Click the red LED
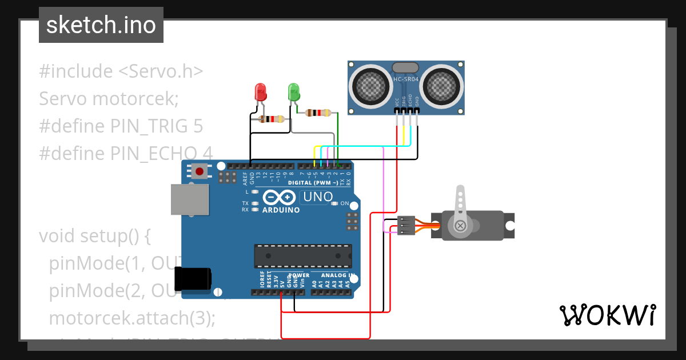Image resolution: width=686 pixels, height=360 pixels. [260, 92]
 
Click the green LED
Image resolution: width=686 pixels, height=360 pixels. [294, 91]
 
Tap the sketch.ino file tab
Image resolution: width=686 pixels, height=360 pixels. [101, 25]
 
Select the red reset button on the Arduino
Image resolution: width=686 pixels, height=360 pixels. [200, 171]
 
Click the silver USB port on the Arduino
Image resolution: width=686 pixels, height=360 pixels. [190, 200]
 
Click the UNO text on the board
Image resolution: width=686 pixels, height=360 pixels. [317, 197]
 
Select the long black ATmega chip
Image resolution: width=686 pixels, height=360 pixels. [303, 256]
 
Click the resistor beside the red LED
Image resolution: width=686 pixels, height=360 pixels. [272, 119]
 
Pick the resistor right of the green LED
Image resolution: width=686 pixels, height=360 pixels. [318, 113]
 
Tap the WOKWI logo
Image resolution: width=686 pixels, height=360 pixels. [607, 315]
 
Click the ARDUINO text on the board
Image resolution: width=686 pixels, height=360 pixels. [281, 210]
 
